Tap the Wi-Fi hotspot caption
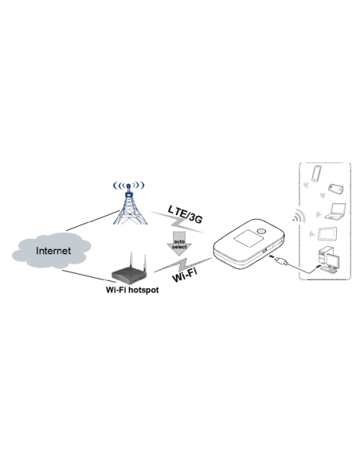click(x=133, y=291)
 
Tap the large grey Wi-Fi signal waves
click(x=299, y=217)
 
